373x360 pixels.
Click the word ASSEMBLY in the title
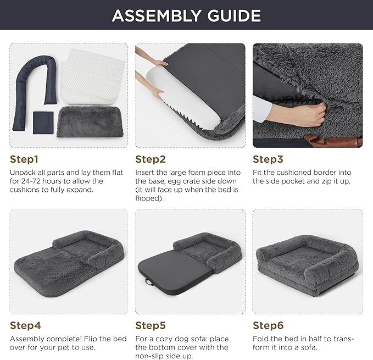(x=157, y=16)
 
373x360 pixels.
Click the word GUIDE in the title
(x=235, y=16)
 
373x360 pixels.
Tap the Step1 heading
(x=24, y=159)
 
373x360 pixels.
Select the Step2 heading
(x=151, y=159)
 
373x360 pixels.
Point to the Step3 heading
(x=268, y=159)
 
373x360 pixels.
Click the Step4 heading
(x=25, y=325)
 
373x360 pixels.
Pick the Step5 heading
(x=151, y=325)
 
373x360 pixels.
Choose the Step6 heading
(x=268, y=325)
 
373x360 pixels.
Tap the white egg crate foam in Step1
(x=93, y=77)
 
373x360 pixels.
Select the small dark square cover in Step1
(x=43, y=123)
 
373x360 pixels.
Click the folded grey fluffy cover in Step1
(x=91, y=122)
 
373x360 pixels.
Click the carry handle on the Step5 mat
(x=149, y=282)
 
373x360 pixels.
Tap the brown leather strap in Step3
(x=333, y=141)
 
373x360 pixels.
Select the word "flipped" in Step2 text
(x=148, y=198)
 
